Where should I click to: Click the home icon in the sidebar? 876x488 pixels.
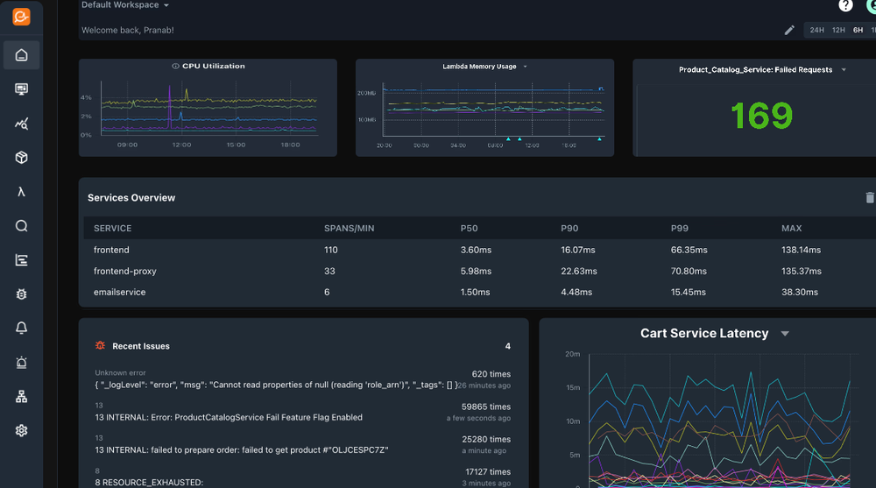coord(21,55)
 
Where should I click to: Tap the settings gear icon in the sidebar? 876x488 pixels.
coord(21,430)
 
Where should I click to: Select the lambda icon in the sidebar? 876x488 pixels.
coord(21,192)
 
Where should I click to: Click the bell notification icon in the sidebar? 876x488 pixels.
coord(21,328)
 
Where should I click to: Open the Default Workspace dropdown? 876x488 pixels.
coord(125,5)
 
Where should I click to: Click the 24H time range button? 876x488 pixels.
coord(816,30)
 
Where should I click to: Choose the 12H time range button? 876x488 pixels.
coord(838,30)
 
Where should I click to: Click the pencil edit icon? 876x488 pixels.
coord(789,30)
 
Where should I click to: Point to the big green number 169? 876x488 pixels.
coord(760,116)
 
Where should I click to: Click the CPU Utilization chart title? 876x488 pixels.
coord(213,66)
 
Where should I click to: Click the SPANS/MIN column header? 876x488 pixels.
coord(349,229)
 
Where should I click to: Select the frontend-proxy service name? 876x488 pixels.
coord(125,271)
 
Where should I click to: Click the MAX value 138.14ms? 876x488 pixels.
coord(801,250)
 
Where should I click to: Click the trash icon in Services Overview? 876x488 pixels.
coord(869,198)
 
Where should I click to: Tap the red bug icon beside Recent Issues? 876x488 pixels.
coord(100,346)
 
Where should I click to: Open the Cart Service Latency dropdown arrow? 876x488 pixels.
coord(785,334)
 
